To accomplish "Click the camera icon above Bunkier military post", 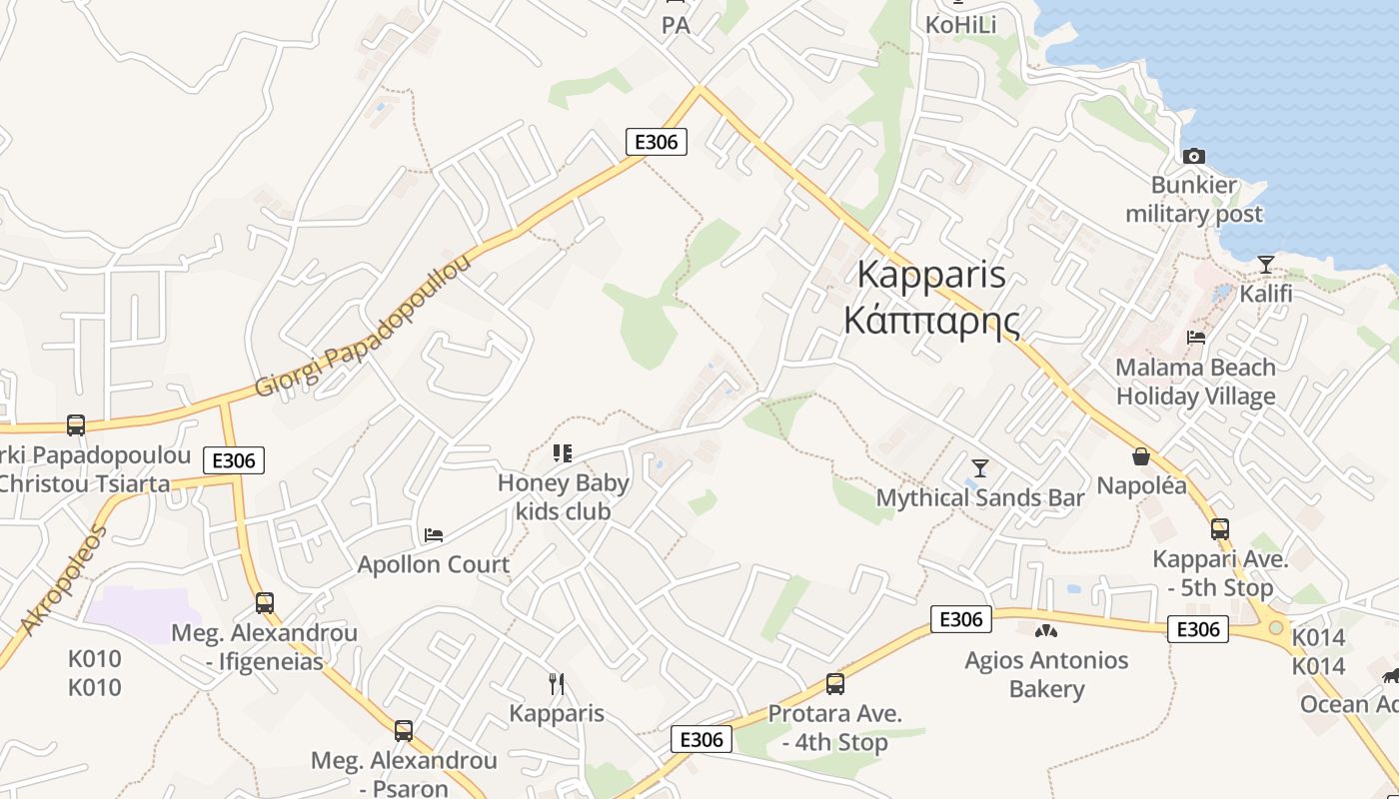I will (1193, 156).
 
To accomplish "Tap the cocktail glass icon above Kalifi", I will (1266, 265).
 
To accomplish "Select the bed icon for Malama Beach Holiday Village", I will (1195, 338).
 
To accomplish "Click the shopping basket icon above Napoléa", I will (1141, 456).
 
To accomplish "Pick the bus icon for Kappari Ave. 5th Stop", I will (1219, 529).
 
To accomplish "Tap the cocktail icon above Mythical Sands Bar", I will (979, 467).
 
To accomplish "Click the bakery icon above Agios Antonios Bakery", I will (1046, 630).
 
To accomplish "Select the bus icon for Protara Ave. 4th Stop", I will (834, 684).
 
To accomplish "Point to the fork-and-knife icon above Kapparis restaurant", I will (557, 684).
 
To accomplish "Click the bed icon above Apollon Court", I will (434, 535).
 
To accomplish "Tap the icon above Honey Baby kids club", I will (563, 453).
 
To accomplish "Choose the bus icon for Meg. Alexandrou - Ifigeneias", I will (264, 603).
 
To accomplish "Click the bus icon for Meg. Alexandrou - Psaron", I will (403, 731).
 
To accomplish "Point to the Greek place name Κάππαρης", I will (931, 322).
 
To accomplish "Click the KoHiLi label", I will (960, 25).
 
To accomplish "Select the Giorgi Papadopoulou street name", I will (362, 326).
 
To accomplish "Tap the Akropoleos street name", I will (62, 578).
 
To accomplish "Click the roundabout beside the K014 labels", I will (1275, 628).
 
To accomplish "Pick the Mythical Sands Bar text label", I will (979, 497).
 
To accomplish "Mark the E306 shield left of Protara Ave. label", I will (700, 739).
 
